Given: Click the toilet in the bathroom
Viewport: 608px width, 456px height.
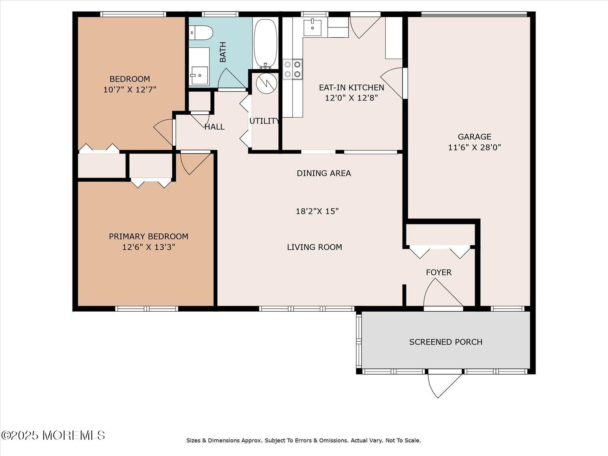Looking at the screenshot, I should tap(201, 32).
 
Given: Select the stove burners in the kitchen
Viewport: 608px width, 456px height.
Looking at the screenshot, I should tap(293, 69).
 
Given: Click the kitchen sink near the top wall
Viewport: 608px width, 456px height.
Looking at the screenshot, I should tap(313, 28).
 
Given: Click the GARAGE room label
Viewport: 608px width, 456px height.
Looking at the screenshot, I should tap(474, 137).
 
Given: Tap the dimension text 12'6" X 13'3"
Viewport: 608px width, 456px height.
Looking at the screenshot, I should tap(148, 247).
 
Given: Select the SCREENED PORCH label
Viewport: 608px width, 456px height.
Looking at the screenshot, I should tap(445, 342).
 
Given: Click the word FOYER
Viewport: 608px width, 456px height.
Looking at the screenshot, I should tap(439, 272).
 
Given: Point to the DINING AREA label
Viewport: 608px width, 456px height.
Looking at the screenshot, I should tap(323, 173).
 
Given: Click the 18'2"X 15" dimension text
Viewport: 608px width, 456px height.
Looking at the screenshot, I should tap(317, 211).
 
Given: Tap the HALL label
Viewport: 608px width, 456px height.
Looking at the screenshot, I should tap(214, 127).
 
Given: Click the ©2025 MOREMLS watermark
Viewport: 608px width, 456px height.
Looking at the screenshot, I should tap(53, 435).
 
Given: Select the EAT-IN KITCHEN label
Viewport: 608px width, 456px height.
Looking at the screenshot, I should tap(351, 88).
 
